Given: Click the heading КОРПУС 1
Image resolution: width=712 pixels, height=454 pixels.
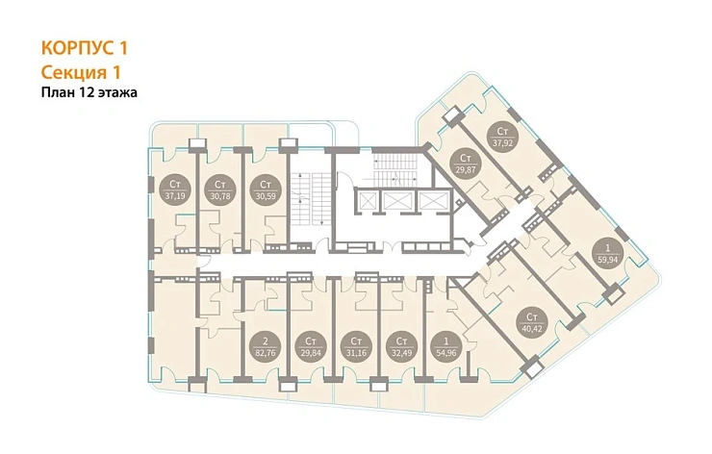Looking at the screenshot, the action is point(85,48).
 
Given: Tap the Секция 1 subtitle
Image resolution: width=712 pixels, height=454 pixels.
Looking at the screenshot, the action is point(81,72).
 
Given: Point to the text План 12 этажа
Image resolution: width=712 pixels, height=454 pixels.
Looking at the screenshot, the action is point(89,92).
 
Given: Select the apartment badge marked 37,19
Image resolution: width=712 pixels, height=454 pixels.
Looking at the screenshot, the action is point(175,189).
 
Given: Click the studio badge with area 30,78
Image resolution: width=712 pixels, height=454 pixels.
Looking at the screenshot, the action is point(220,189).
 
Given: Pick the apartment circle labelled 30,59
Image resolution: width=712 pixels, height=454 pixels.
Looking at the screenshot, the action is point(266,189).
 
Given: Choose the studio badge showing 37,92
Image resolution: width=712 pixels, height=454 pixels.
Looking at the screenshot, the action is point(501,137).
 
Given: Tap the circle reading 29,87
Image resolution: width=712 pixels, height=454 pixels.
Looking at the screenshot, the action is point(466,164).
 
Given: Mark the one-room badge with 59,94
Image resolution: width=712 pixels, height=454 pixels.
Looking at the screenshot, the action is point(607,253).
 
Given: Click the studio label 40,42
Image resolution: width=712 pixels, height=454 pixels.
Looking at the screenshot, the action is point(532,322).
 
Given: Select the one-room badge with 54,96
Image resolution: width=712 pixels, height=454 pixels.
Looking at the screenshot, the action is point(445,346).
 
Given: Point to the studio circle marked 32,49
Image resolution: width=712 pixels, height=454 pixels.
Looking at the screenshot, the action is point(401,346).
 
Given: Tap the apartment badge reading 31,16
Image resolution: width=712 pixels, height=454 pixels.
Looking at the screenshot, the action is point(356,346).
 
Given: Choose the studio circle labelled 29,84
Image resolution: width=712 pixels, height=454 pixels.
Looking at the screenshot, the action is point(311,346).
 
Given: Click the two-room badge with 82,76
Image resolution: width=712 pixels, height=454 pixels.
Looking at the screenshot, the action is point(266,346).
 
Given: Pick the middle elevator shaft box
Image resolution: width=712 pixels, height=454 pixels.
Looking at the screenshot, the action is point(397,200).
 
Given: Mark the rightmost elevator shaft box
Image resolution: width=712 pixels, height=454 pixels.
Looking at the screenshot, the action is point(433,200).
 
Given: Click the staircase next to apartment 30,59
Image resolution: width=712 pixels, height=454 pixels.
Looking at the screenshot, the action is point(310,198).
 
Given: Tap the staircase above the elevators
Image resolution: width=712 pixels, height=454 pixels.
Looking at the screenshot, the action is point(394,170).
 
